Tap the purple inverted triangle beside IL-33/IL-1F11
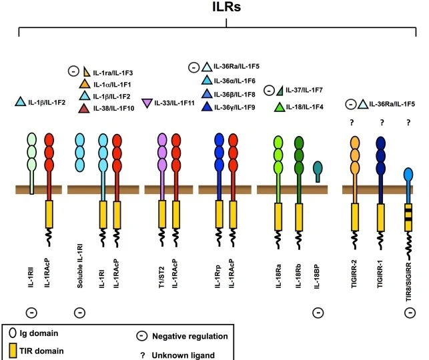point(147,103)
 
